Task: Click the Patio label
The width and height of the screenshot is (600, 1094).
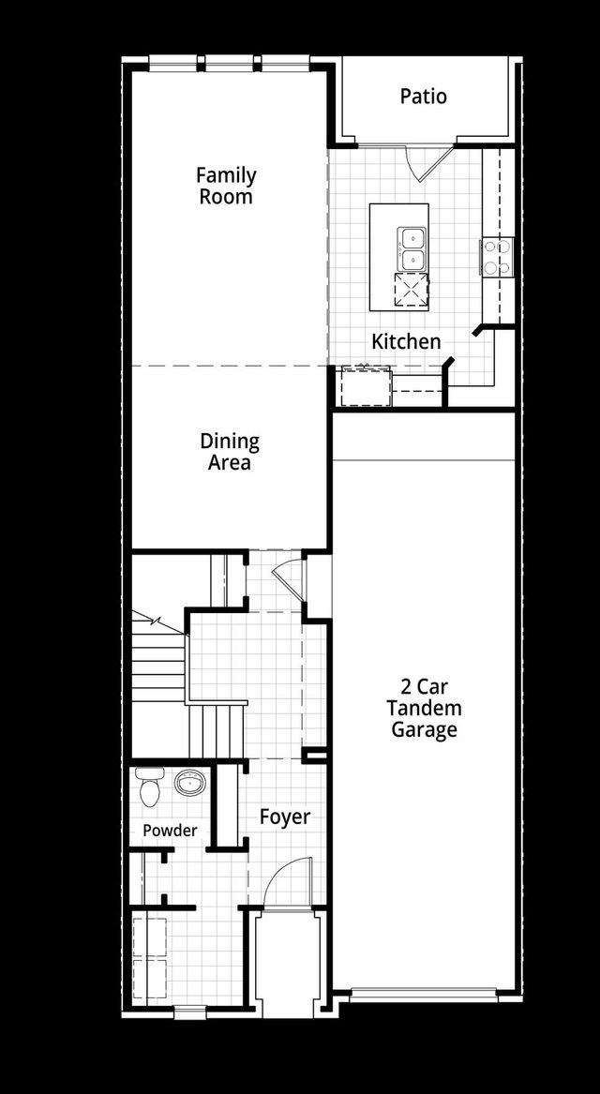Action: point(423,97)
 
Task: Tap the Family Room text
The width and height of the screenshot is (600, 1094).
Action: point(226,186)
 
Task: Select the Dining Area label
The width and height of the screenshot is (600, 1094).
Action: point(230,452)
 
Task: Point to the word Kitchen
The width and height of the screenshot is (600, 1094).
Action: point(406,341)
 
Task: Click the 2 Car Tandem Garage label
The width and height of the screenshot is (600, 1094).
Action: point(425,710)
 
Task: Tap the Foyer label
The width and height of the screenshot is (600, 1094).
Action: point(285,817)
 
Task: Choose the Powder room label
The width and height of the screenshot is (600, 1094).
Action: point(170,831)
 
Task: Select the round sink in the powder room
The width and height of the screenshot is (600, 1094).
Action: point(191,781)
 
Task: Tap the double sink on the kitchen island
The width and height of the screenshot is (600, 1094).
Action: point(412,247)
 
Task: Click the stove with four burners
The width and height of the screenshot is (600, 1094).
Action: point(497,257)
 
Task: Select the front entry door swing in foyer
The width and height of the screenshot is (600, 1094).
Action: point(284,883)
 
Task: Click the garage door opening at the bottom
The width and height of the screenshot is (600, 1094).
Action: point(424,994)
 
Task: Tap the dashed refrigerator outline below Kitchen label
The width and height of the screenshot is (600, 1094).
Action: point(365,386)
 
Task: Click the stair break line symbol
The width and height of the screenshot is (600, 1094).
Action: point(150,621)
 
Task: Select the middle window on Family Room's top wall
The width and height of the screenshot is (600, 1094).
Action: point(230,63)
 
